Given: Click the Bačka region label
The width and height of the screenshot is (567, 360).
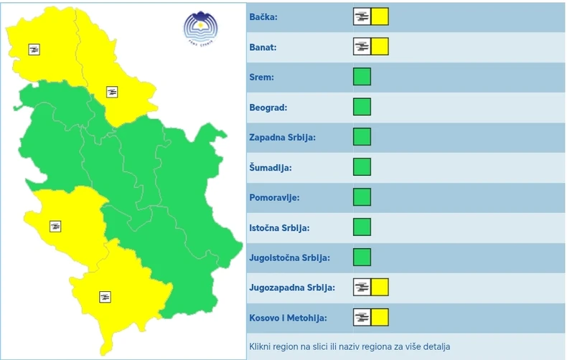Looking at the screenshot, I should (264, 16).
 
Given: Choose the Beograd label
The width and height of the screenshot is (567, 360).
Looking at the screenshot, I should (268, 108).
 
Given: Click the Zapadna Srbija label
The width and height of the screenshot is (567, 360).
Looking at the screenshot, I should (282, 137).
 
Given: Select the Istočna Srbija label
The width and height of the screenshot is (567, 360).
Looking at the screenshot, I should (279, 228).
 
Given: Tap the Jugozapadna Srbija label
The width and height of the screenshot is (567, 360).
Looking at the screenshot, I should (292, 288).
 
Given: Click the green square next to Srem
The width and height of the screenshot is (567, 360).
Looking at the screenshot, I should (362, 77).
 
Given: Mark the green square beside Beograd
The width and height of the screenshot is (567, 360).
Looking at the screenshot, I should (362, 108).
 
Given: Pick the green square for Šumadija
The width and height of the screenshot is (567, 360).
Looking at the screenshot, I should (362, 168).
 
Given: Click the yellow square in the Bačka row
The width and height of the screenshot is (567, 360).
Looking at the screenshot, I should (380, 16).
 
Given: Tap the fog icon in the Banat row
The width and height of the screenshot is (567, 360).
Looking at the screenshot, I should (362, 47).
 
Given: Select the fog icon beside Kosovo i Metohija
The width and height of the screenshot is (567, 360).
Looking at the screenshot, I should (362, 317).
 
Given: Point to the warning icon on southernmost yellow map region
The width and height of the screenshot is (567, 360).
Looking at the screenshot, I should (105, 296).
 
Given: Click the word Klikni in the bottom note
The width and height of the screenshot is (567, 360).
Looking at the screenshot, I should (262, 346).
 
